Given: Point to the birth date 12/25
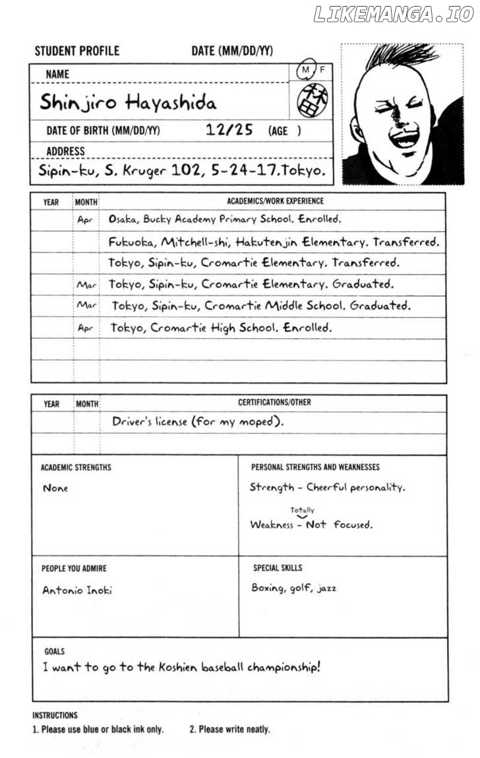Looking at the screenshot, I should pos(229,129).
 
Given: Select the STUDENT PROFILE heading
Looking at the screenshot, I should pos(76,51).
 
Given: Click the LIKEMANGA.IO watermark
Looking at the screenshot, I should pos(393,15).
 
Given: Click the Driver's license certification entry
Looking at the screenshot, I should pos(198,421).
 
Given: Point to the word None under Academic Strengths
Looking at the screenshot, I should pos(55,489).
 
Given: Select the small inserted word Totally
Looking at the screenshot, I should pos(302,510).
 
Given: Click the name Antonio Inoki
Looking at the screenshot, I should pos(77,590).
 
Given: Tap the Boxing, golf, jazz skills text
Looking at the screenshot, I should pos(293,588).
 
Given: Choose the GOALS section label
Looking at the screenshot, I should pos(55,651).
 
